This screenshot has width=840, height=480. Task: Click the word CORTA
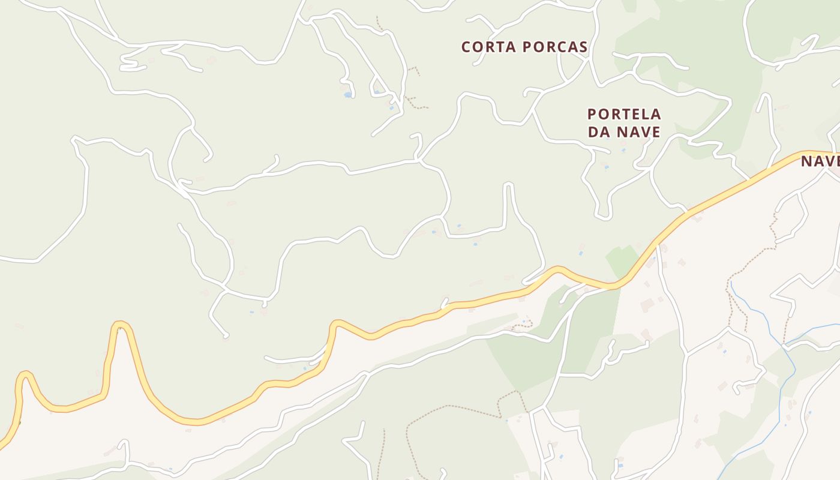(489, 47)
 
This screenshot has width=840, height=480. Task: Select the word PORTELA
(624, 114)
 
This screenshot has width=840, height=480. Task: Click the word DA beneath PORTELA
(599, 132)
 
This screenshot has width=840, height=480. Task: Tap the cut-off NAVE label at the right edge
(820, 161)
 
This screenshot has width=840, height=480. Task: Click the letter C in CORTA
(466, 47)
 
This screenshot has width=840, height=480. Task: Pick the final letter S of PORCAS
(583, 47)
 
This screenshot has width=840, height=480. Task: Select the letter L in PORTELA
(643, 114)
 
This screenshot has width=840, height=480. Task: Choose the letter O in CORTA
(478, 47)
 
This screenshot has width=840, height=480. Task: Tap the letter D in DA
(593, 132)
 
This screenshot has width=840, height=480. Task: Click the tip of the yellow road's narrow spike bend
(120, 325)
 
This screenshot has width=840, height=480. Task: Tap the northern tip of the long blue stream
(731, 281)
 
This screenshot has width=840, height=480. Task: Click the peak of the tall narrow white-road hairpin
(508, 185)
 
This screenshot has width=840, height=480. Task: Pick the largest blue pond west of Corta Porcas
(347, 95)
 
